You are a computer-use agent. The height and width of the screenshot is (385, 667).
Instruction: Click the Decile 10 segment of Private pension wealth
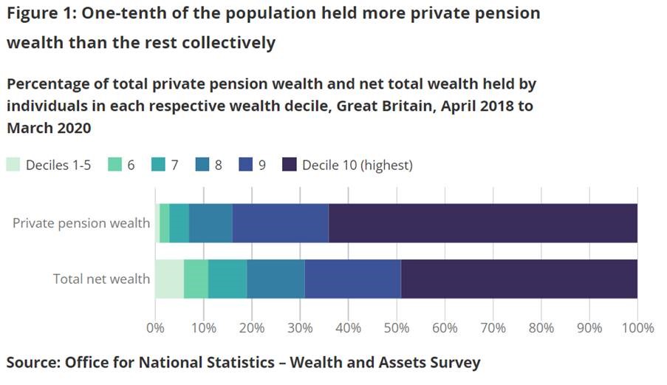pyautogui.click(x=483, y=223)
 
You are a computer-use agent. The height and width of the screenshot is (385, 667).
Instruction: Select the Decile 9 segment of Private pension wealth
pyautogui.click(x=281, y=223)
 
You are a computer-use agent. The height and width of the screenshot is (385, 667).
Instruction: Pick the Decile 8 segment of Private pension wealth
pyautogui.click(x=211, y=223)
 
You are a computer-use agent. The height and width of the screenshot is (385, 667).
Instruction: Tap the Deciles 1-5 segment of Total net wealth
pyautogui.click(x=169, y=279)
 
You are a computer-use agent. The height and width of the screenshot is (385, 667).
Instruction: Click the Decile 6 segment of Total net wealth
pyautogui.click(x=196, y=279)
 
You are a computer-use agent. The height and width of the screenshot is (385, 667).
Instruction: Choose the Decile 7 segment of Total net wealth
pyautogui.click(x=228, y=279)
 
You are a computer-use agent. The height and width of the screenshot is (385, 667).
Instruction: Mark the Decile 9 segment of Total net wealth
pyautogui.click(x=353, y=279)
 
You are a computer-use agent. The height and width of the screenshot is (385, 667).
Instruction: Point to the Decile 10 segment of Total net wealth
pyautogui.click(x=519, y=279)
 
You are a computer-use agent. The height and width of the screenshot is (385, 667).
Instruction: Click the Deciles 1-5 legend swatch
pyautogui.click(x=13, y=165)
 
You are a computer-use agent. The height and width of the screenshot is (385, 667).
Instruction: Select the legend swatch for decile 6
pyautogui.click(x=114, y=165)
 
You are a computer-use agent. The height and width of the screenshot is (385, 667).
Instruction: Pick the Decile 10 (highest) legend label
pyautogui.click(x=358, y=165)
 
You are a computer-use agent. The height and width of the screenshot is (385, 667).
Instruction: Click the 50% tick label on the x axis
pyautogui.click(x=396, y=327)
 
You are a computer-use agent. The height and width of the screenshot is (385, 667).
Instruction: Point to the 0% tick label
pyautogui.click(x=155, y=327)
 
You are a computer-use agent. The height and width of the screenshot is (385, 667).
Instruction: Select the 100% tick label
pyautogui.click(x=638, y=327)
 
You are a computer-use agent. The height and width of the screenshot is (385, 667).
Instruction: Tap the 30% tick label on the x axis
pyautogui.click(x=300, y=327)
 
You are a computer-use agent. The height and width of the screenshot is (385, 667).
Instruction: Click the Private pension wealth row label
pyautogui.click(x=81, y=223)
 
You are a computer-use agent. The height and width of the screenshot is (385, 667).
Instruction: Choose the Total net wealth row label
pyautogui.click(x=101, y=279)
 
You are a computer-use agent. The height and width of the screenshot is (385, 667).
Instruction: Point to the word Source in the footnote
pyautogui.click(x=32, y=363)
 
